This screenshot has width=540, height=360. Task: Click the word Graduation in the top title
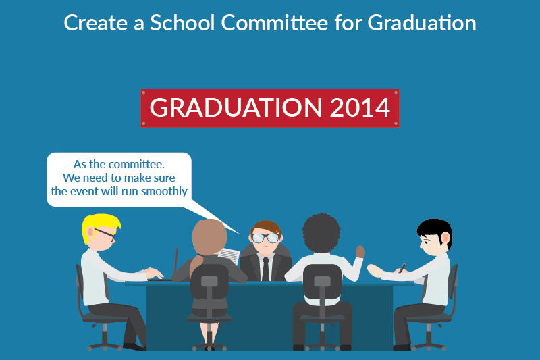pyautogui.click(x=422, y=22)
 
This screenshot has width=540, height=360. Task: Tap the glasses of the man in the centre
pyautogui.click(x=265, y=238)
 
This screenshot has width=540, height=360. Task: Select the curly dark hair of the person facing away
pyautogui.click(x=322, y=233)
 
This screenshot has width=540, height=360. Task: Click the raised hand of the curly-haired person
pyautogui.click(x=360, y=251)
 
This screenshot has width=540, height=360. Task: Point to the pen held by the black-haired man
pyautogui.click(x=403, y=267)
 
